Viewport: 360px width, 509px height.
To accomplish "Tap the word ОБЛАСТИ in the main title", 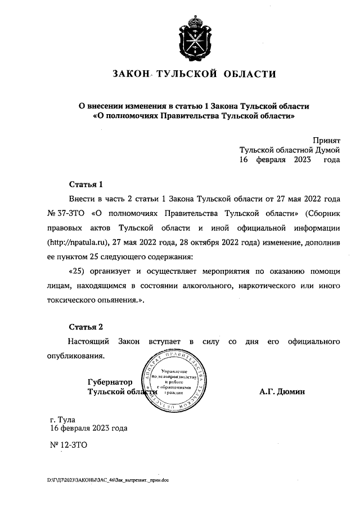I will [x=247, y=74].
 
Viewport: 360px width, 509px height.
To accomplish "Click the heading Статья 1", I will [x=86, y=184].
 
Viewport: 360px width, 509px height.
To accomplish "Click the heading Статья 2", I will [x=86, y=327].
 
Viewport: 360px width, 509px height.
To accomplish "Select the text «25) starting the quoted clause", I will [x=76, y=272].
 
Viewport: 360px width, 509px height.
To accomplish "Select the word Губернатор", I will [x=110, y=382].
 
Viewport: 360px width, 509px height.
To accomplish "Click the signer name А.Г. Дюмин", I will [x=282, y=391].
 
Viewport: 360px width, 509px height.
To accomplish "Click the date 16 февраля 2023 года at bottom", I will [x=89, y=428].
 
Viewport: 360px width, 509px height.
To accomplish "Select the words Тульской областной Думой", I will [x=290, y=150].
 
